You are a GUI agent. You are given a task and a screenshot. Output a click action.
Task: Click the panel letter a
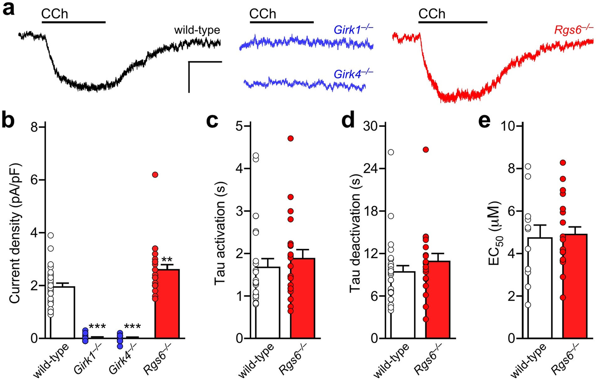point(8,9)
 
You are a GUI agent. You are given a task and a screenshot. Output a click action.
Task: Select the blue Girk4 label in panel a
point(353,74)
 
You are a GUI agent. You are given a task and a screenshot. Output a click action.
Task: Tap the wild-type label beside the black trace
point(197,30)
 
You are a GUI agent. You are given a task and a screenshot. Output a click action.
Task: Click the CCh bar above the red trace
point(452,22)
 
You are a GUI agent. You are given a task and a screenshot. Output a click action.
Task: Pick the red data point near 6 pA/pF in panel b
point(155,175)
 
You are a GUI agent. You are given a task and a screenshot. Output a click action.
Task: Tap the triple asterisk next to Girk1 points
point(97,327)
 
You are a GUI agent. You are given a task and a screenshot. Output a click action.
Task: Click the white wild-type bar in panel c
point(268,303)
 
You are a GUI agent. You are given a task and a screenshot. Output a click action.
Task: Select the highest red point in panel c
point(290,138)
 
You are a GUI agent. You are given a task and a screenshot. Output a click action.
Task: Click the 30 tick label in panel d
point(370,126)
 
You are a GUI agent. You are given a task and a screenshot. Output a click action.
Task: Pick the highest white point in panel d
point(391,152)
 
